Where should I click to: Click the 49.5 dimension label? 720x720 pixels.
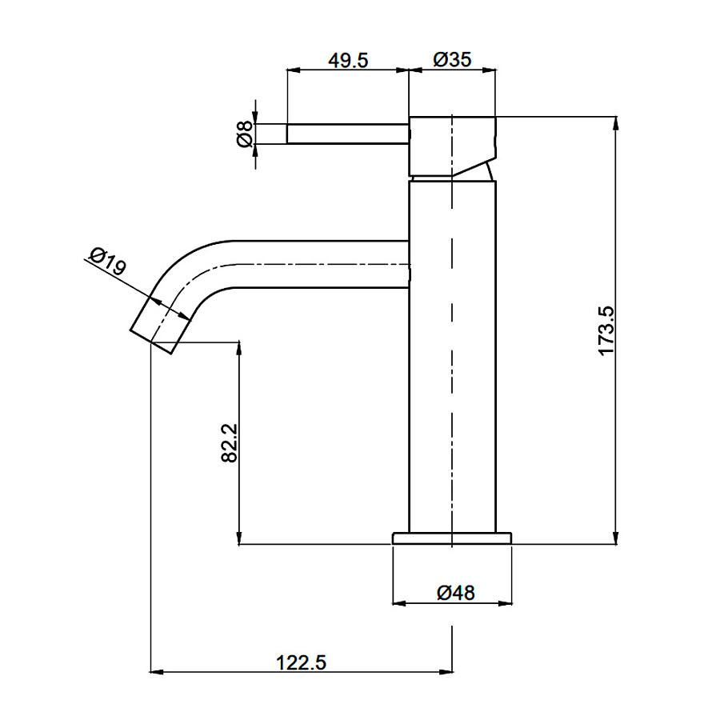pyautogui.click(x=347, y=60)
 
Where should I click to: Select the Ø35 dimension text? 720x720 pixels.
pyautogui.click(x=452, y=60)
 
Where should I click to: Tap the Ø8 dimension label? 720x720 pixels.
pyautogui.click(x=245, y=134)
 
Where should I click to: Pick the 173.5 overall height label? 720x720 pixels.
pyautogui.click(x=606, y=330)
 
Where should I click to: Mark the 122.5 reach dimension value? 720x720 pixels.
pyautogui.click(x=302, y=662)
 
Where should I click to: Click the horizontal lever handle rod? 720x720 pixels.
pyautogui.click(x=347, y=134)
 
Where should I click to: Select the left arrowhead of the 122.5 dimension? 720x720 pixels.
pyautogui.click(x=156, y=672)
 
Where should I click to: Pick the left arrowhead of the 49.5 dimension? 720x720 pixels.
pyautogui.click(x=291, y=70)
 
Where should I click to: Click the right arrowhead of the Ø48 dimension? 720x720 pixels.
pyautogui.click(x=508, y=602)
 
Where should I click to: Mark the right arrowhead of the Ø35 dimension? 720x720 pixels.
pyautogui.click(x=491, y=70)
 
